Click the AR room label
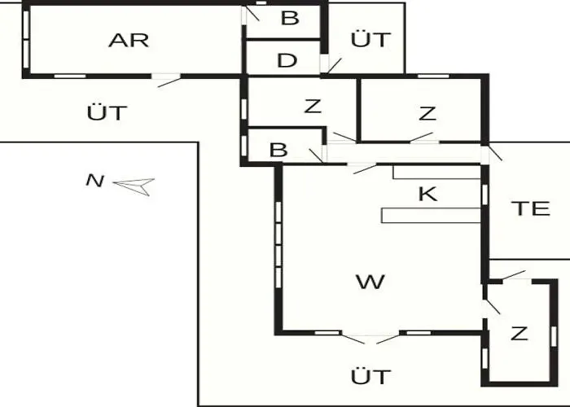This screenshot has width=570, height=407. [x=129, y=41]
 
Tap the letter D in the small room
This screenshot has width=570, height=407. [x=287, y=60]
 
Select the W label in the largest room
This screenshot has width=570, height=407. [x=370, y=282]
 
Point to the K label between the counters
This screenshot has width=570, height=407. [x=427, y=194]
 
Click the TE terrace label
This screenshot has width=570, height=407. [x=530, y=208]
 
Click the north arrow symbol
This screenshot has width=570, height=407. [x=134, y=186]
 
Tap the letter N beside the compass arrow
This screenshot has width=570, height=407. [x=95, y=181]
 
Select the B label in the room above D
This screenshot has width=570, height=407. [x=290, y=18]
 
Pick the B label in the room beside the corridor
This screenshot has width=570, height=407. [x=278, y=150]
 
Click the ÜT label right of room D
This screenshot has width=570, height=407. [x=370, y=39]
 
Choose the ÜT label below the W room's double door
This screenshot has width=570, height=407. [x=370, y=376]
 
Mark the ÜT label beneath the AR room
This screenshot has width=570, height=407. [x=107, y=112]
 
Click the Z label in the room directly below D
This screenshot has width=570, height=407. [x=313, y=106]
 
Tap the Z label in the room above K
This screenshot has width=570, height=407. [x=427, y=113]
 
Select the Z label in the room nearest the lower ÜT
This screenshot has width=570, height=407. [x=519, y=334]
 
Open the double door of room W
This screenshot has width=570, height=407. [x=370, y=339]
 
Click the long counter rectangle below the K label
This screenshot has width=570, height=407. [x=431, y=216]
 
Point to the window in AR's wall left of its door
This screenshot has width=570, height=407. [x=70, y=77]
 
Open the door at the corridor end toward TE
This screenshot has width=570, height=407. [x=491, y=153]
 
